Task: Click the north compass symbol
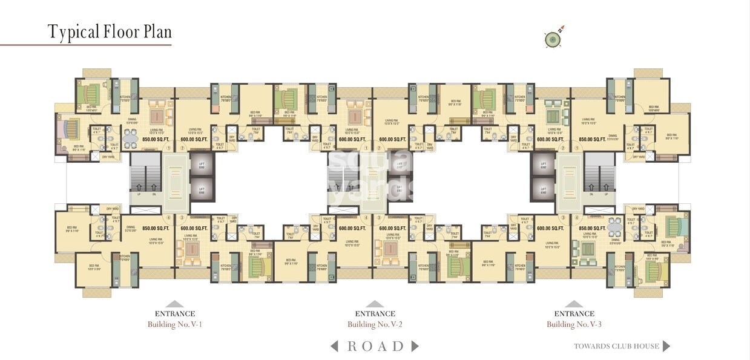point(552,39)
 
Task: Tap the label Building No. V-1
point(174,324)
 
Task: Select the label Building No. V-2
point(375,324)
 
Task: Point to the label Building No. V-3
point(574,324)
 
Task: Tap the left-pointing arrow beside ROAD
point(334,346)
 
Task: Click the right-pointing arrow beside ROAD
point(415,346)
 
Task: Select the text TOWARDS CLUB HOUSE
point(616,347)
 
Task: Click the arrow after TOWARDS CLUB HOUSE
point(666,346)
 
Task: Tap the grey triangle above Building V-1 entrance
point(174,304)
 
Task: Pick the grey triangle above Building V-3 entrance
point(574,304)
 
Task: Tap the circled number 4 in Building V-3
point(577,218)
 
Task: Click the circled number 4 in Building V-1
point(168,218)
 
